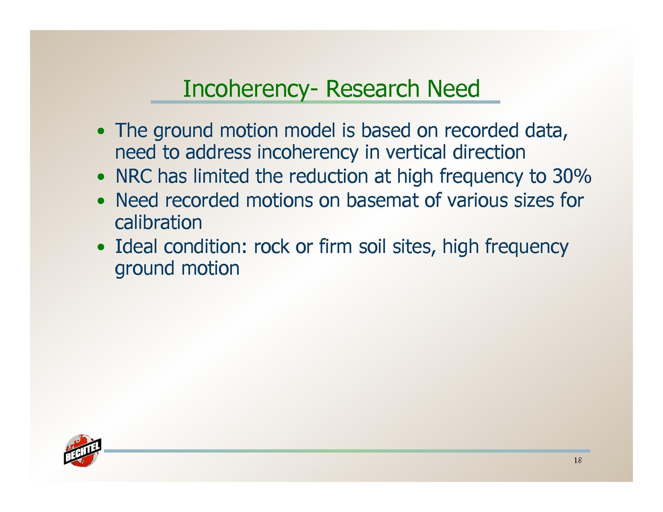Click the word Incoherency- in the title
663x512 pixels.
pos(250,89)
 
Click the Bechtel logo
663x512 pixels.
pos(82,450)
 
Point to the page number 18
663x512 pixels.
pos(578,460)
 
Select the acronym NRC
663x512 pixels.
pos(134,176)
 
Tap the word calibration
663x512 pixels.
pos(158,222)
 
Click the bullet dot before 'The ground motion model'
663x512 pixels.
pos(100,132)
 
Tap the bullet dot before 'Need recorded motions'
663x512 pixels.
pos(100,201)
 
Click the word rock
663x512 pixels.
pos(271,246)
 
